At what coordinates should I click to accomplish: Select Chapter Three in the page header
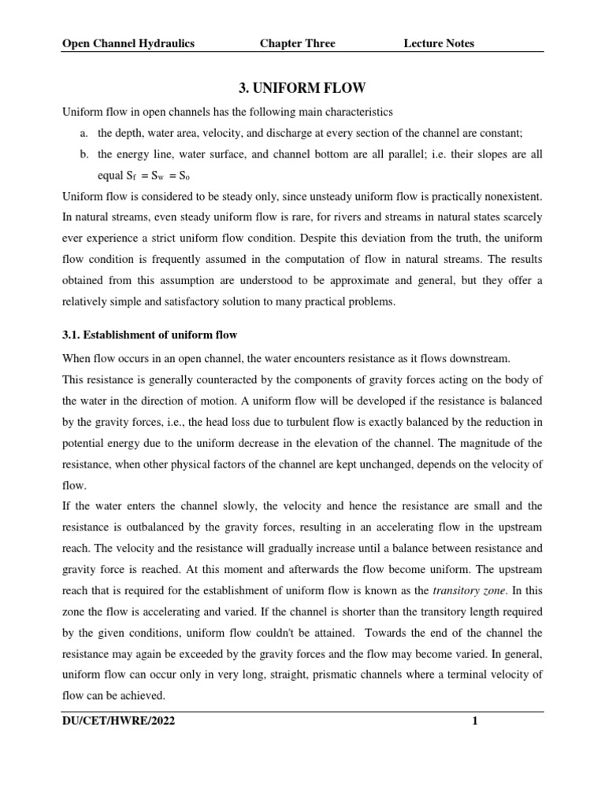click(x=297, y=43)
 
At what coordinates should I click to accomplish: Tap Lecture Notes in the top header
click(x=439, y=43)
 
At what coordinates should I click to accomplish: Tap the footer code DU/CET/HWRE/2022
click(x=118, y=720)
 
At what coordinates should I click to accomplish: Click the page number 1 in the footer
click(x=475, y=720)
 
